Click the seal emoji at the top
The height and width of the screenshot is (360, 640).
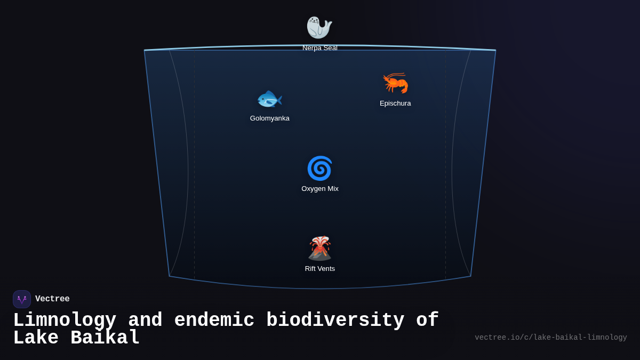click(x=319, y=28)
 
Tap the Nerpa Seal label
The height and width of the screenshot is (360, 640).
click(x=320, y=48)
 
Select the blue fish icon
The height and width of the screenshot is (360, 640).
click(x=269, y=99)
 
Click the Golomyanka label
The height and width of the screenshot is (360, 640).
click(x=270, y=118)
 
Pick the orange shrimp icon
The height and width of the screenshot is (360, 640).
click(x=395, y=83)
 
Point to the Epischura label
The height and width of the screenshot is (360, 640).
click(x=395, y=103)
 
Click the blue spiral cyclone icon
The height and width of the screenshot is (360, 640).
click(x=319, y=169)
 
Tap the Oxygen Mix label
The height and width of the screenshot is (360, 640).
click(x=320, y=189)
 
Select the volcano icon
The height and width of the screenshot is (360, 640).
click(x=319, y=249)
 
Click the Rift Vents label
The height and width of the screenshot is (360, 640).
click(x=320, y=269)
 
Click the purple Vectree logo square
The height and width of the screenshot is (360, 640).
click(x=22, y=299)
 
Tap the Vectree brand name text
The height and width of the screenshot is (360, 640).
click(x=52, y=299)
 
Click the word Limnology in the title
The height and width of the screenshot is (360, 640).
click(x=65, y=321)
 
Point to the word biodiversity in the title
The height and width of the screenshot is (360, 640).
click(x=335, y=321)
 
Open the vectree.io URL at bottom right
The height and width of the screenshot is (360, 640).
click(x=550, y=338)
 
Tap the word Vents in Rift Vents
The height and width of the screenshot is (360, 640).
click(x=326, y=269)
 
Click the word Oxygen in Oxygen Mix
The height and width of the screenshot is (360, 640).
click(x=313, y=189)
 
